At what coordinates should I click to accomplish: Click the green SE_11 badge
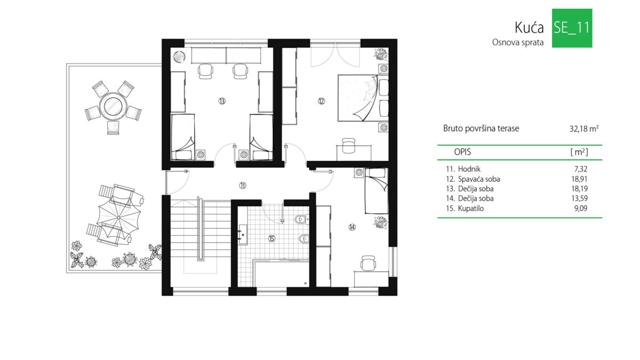click(x=572, y=28)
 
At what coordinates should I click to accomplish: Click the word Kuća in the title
click(x=529, y=28)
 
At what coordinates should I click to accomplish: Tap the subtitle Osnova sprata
click(x=518, y=43)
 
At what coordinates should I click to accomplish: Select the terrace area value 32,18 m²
click(x=584, y=129)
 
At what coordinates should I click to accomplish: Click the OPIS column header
click(x=462, y=152)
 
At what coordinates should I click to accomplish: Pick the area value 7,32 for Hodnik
click(x=581, y=169)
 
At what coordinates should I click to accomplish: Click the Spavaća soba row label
click(x=479, y=179)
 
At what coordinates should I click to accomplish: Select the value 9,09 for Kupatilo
click(x=581, y=209)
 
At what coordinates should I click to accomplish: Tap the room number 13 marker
click(x=222, y=101)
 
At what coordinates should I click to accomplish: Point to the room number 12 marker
click(x=321, y=101)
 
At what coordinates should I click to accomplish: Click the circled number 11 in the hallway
click(x=242, y=186)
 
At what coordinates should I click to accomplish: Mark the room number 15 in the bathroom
click(x=271, y=238)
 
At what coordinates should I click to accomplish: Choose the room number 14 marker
click(x=352, y=227)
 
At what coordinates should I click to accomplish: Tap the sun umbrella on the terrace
click(x=118, y=218)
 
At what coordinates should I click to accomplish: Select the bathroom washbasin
click(x=243, y=235)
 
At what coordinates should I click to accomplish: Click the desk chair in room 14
click(x=368, y=263)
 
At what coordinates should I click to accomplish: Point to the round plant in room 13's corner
click(x=179, y=57)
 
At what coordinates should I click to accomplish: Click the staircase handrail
click(x=201, y=229)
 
